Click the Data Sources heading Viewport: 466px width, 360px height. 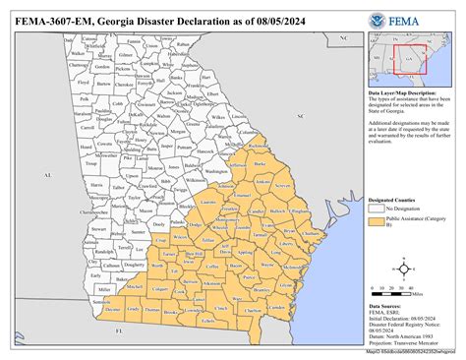[385, 307]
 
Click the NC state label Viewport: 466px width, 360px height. [332, 37]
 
